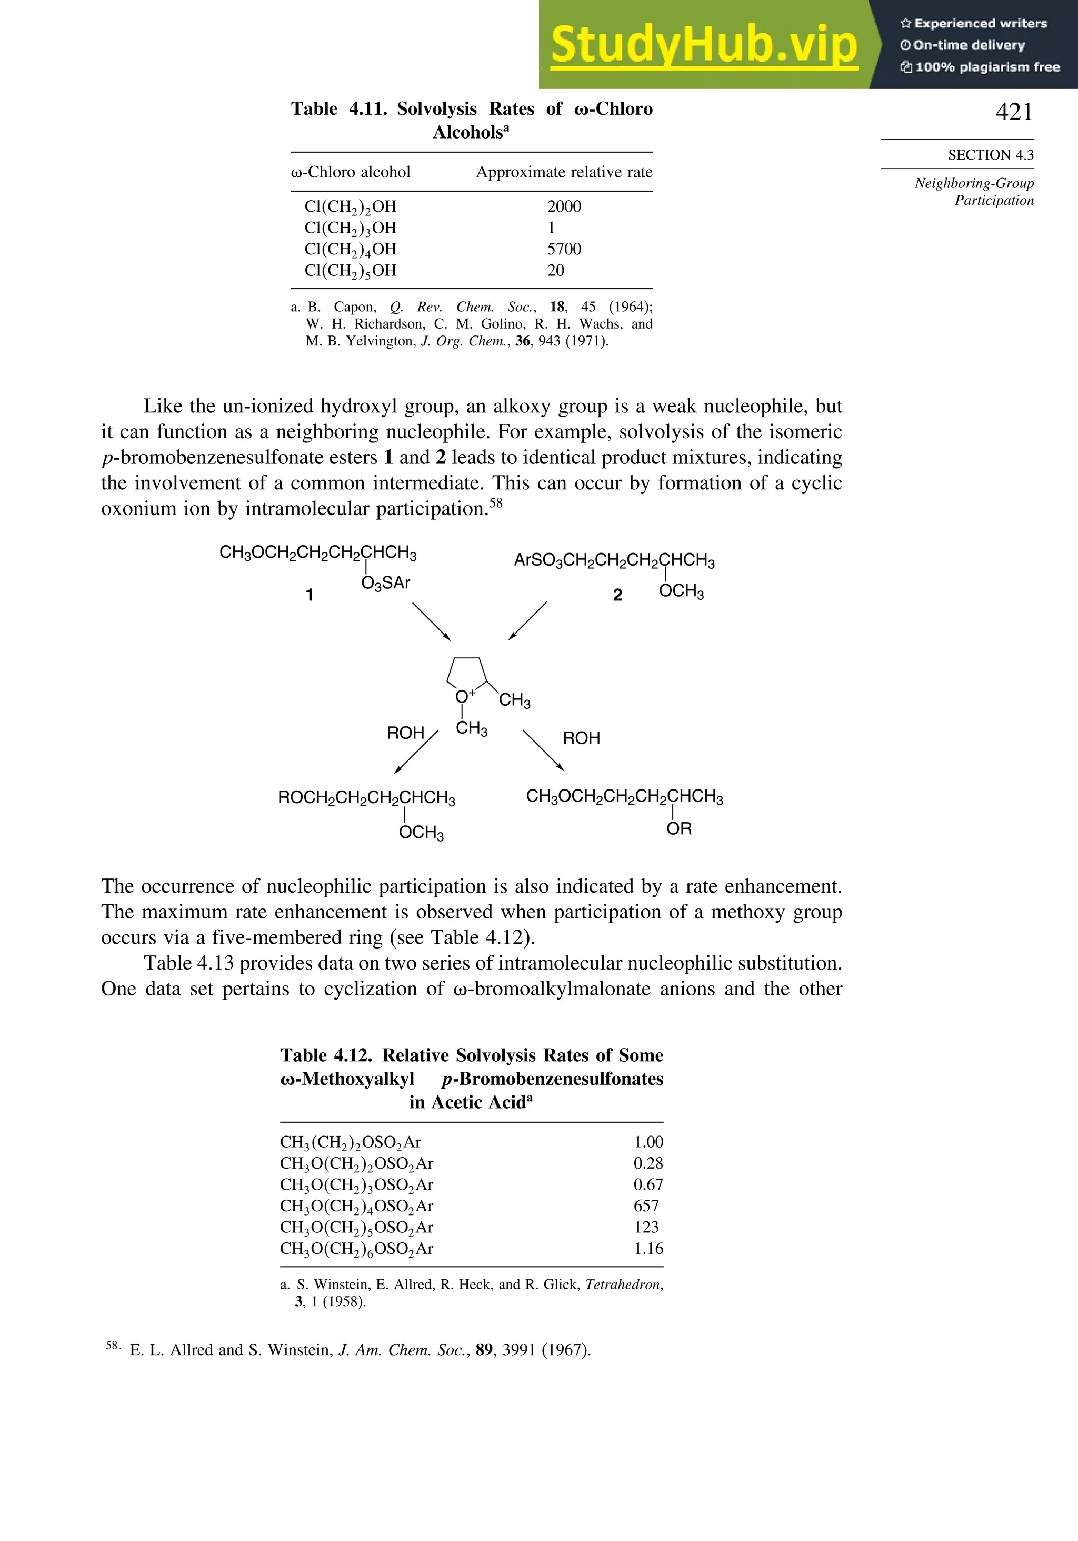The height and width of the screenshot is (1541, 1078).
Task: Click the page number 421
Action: tap(1014, 112)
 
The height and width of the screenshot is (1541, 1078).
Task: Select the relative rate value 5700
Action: tap(564, 249)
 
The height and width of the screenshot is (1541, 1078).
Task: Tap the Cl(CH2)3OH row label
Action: tap(350, 228)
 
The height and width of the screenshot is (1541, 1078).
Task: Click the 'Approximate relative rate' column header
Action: tap(564, 173)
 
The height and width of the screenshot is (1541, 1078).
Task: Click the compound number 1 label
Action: tap(310, 595)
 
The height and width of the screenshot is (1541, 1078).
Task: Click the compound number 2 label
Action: tap(617, 595)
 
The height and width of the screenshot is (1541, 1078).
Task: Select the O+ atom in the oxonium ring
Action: tap(463, 697)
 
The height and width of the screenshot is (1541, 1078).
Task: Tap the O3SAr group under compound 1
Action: tap(385, 583)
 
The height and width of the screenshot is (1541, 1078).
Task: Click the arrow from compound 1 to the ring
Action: tap(431, 621)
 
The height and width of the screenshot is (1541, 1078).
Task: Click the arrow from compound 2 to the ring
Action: tap(528, 620)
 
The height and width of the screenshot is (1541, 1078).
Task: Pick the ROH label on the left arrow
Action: tap(405, 733)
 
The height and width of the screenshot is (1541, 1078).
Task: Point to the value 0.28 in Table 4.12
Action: tap(647, 1163)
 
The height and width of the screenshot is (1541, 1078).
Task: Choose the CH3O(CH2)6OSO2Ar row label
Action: tap(356, 1249)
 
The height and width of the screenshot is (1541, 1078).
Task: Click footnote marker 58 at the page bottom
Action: tap(113, 1346)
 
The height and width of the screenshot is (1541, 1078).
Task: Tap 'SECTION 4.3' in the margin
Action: tap(990, 155)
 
